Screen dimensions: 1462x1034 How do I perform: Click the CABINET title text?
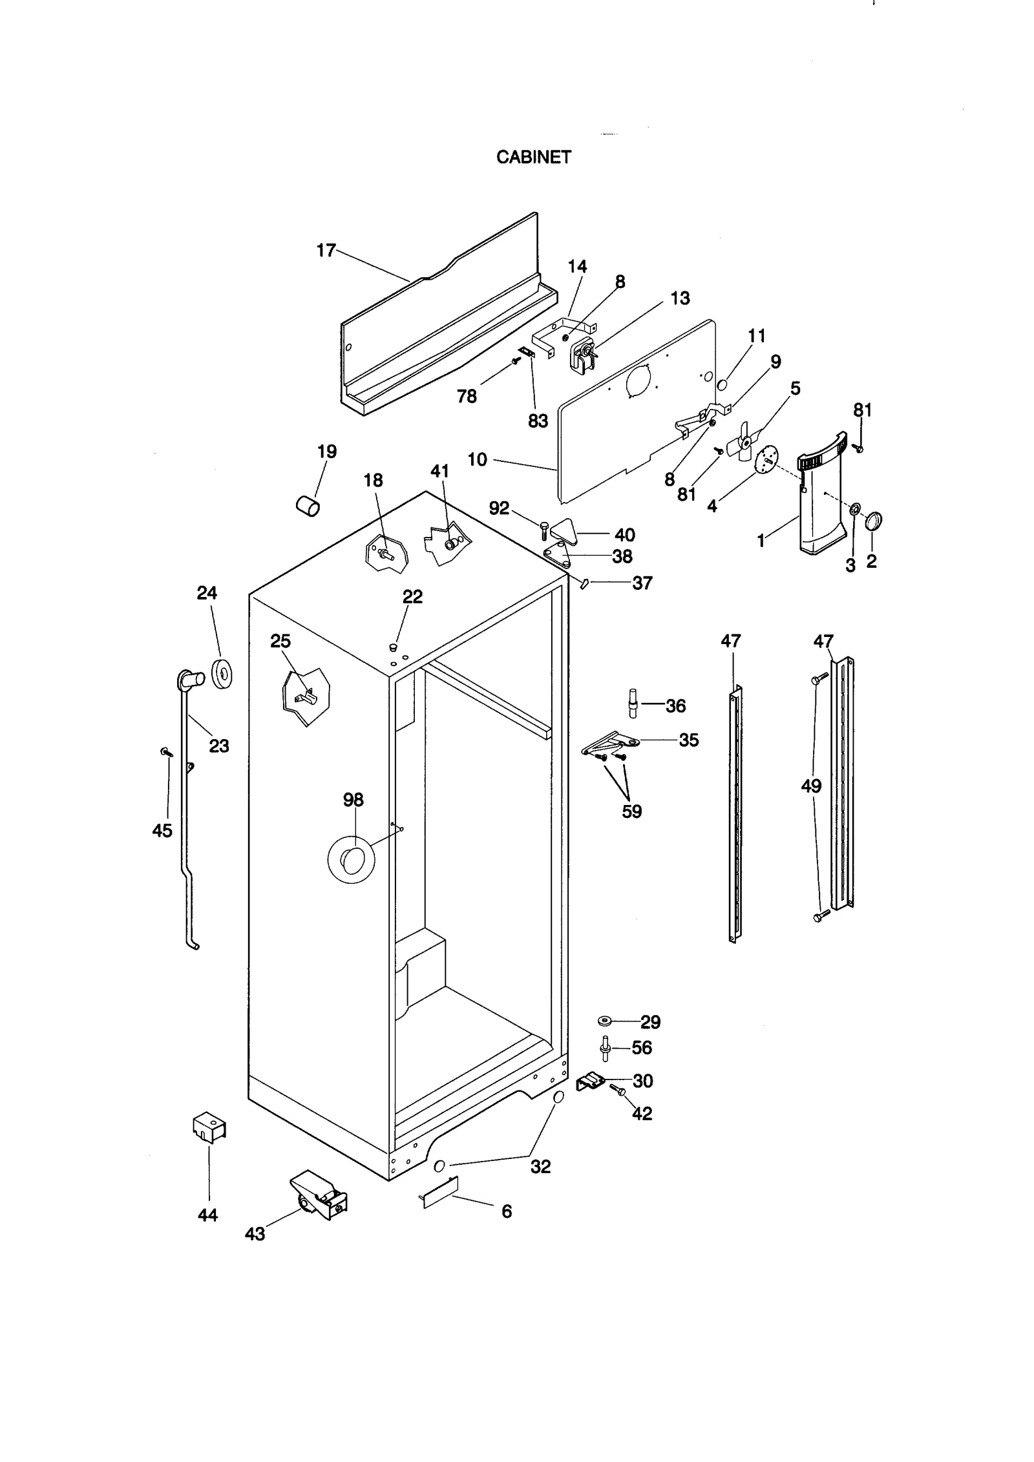coord(533,157)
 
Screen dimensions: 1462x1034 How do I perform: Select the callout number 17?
coord(326,250)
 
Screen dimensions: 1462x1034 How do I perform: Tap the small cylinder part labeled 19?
coord(308,505)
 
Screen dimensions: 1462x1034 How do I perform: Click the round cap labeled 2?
coord(874,521)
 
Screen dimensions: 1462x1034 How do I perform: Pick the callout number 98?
coord(353,800)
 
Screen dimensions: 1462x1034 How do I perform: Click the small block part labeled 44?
coord(209,1127)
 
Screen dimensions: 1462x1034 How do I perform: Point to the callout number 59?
coord(631,811)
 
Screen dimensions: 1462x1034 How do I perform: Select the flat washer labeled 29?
coord(606,1021)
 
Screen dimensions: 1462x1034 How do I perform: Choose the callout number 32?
coord(540,1166)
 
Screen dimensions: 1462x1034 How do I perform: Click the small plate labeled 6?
coord(441,1192)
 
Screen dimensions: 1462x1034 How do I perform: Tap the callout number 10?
coord(477,460)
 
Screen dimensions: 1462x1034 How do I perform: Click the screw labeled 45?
coord(166,752)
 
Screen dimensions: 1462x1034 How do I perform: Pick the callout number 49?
coord(811,786)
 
